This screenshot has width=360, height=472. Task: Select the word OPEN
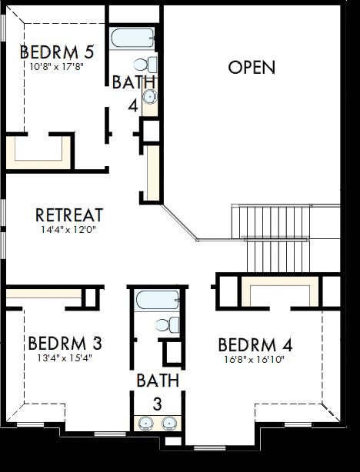[252, 68]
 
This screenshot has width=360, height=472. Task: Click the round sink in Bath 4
[151, 96]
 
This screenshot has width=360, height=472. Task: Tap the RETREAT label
[70, 215]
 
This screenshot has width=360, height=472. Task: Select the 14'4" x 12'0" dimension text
[70, 229]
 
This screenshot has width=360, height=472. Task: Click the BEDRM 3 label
[65, 342]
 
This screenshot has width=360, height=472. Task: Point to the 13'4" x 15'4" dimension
[65, 356]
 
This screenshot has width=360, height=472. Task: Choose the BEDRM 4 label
[255, 344]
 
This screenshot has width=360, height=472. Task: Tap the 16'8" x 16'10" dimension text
[255, 358]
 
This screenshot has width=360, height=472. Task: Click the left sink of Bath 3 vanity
[145, 422]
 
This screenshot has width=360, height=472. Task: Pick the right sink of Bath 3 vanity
[169, 422]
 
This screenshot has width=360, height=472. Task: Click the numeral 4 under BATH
[133, 105]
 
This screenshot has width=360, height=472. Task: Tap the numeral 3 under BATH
[158, 403]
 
